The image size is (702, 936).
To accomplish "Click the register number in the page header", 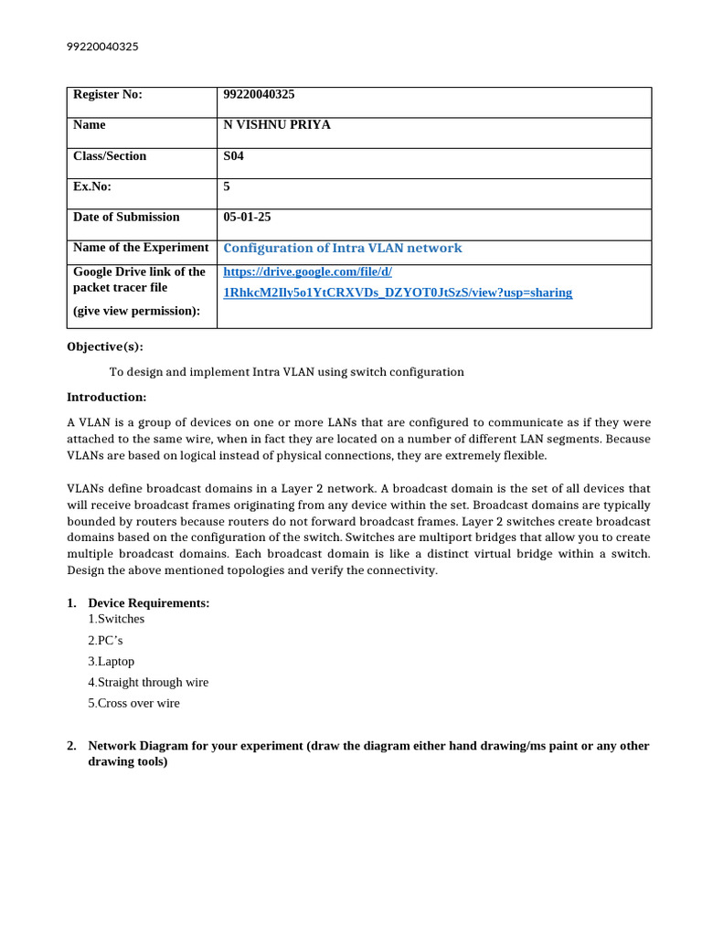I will pyautogui.click(x=103, y=47).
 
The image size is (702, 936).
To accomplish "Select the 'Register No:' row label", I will pyautogui.click(x=108, y=94).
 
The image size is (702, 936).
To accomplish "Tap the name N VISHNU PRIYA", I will pyautogui.click(x=277, y=125).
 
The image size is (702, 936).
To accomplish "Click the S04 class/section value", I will pyautogui.click(x=234, y=156).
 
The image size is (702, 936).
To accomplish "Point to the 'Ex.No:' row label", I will pyautogui.click(x=91, y=186).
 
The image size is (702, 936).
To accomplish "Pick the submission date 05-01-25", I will pyautogui.click(x=247, y=218).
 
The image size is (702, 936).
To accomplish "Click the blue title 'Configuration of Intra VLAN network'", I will pyautogui.click(x=343, y=248).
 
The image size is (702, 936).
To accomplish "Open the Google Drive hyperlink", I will pyautogui.click(x=398, y=292).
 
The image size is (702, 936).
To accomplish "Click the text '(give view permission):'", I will pyautogui.click(x=135, y=310).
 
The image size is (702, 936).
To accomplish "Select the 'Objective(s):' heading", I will pyautogui.click(x=105, y=346).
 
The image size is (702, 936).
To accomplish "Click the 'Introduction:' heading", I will pyautogui.click(x=106, y=397).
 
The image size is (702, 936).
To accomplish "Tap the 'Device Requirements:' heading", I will pyautogui.click(x=149, y=603).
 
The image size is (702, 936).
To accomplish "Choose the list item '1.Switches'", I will pyautogui.click(x=116, y=619).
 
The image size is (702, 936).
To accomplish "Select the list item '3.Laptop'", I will pyautogui.click(x=112, y=661).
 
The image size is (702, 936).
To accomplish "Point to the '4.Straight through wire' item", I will pyautogui.click(x=148, y=682).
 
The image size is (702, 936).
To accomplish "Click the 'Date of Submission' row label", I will pyautogui.click(x=126, y=218).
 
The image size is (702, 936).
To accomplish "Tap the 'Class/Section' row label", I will pyautogui.click(x=110, y=156).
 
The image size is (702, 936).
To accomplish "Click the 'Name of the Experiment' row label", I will pyautogui.click(x=141, y=248).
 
